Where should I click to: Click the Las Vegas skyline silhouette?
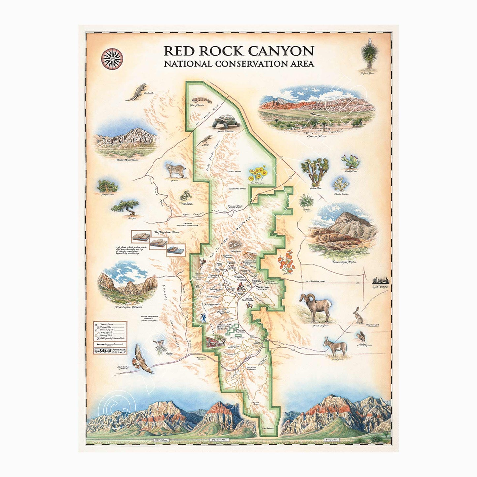(381, 281)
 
